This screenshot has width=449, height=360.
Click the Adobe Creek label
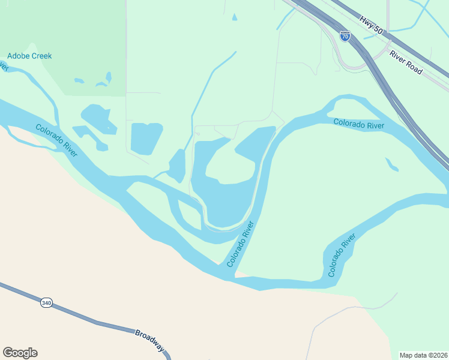coord(29,56)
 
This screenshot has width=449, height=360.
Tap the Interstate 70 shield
coord(345,36)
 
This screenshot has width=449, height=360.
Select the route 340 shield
coord(46,303)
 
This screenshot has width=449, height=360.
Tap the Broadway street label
coord(150,340)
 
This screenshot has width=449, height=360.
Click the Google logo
coord(20,353)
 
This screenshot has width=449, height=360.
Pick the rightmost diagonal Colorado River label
coord(342,255)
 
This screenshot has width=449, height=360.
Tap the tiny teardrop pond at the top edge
coord(234,17)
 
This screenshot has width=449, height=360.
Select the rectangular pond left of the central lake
coord(145,138)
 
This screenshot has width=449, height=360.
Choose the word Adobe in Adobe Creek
coord(17,56)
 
